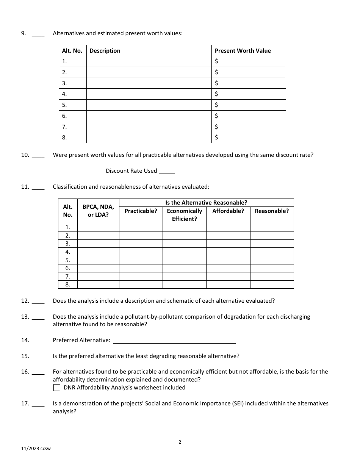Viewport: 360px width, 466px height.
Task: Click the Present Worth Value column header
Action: tap(243, 51)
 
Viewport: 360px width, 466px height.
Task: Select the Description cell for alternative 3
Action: tap(149, 83)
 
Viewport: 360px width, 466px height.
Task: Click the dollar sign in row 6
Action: tap(216, 116)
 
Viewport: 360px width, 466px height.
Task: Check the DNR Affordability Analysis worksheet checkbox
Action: tap(57, 388)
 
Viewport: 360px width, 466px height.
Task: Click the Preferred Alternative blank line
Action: tap(174, 341)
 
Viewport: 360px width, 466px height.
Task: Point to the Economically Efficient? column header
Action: tap(185, 215)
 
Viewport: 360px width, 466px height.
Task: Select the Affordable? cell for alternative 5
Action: tap(228, 260)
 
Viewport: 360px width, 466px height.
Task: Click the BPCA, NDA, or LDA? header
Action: tap(98, 211)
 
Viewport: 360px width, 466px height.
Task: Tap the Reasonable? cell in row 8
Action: tap(272, 285)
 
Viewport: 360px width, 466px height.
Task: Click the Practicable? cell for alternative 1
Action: tap(141, 227)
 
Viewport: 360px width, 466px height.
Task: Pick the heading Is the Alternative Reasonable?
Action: tap(206, 203)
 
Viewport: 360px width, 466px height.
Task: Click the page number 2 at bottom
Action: tap(180, 442)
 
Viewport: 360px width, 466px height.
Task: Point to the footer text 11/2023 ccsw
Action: tap(36, 449)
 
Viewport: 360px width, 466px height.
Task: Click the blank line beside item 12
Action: tap(38, 302)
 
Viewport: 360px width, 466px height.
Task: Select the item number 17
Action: tap(25, 403)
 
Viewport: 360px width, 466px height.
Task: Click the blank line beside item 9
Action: tap(38, 34)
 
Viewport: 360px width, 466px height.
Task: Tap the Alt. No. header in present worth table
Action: tap(72, 51)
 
